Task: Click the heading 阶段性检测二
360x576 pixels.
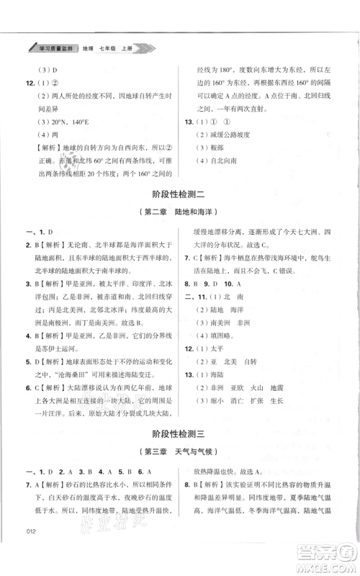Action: coord(179,194)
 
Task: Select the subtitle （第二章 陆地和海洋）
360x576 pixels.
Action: coord(179,212)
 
